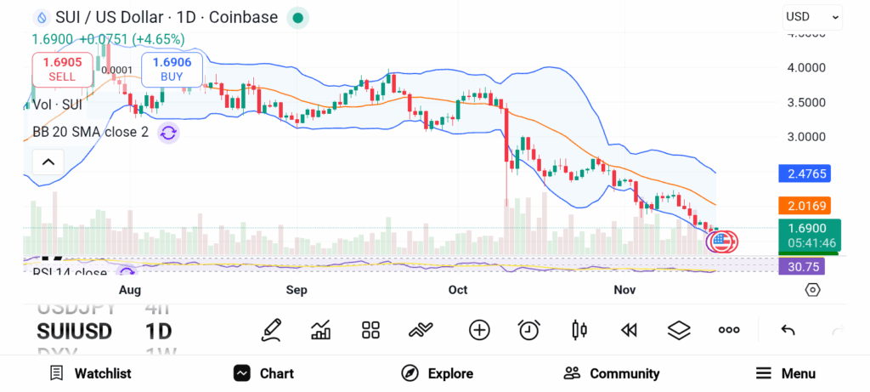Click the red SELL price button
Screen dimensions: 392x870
[x=62, y=69]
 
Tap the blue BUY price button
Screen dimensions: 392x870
[x=172, y=69]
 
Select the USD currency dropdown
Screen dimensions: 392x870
[x=812, y=16]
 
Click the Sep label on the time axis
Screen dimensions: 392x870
[x=297, y=290]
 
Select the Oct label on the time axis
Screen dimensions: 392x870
[x=458, y=290]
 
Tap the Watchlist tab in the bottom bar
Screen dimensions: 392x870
[x=90, y=373]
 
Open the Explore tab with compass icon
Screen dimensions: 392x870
[x=437, y=373]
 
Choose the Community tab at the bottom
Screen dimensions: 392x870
[x=612, y=373]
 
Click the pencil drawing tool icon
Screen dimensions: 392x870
[x=271, y=330]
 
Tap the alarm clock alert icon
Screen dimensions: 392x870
[x=529, y=330]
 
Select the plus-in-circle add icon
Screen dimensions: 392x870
[x=479, y=330]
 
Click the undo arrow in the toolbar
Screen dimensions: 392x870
[x=788, y=330]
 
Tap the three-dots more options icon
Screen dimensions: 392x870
[x=729, y=330]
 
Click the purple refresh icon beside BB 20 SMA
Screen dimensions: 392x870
[x=168, y=133]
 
